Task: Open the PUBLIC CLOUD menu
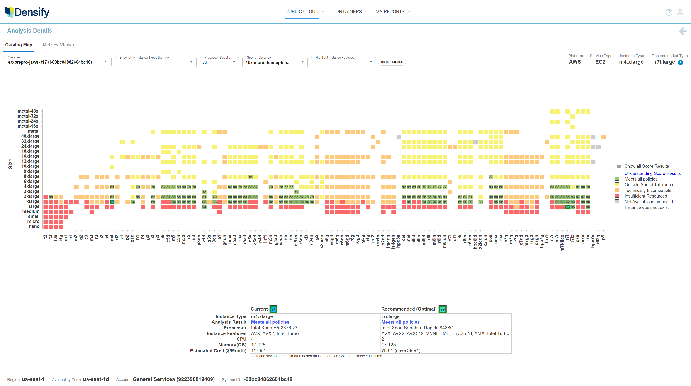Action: coord(302,12)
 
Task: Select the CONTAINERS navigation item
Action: coord(347,12)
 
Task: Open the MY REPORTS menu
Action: coord(390,12)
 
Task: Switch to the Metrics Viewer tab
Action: coord(58,45)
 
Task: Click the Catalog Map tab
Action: coord(19,45)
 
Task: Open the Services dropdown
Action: coord(57,62)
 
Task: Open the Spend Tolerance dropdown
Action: coord(275,62)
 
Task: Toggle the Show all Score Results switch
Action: coord(617,166)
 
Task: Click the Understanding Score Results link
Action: coord(652,173)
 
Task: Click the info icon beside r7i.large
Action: coord(681,63)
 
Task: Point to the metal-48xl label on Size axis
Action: coord(28,111)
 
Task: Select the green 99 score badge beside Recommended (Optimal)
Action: coord(442,309)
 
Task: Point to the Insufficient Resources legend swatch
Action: coord(617,196)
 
